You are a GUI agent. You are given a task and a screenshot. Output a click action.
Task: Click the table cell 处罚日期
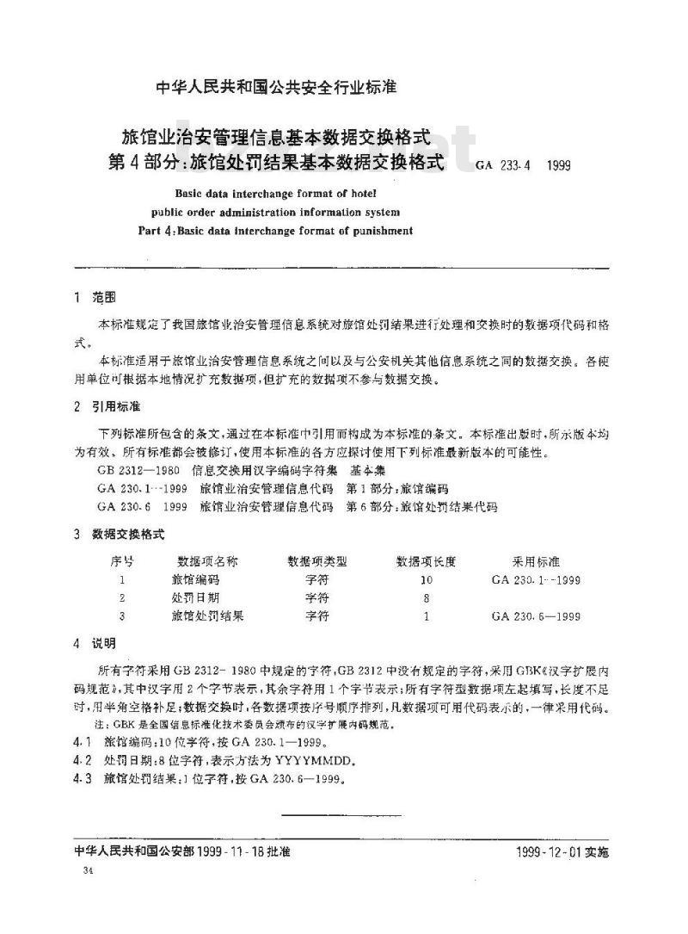pyautogui.click(x=195, y=597)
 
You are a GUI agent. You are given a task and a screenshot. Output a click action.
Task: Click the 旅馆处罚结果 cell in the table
pyautogui.click(x=207, y=615)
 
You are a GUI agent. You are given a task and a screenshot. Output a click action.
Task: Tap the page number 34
pyautogui.click(x=84, y=871)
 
